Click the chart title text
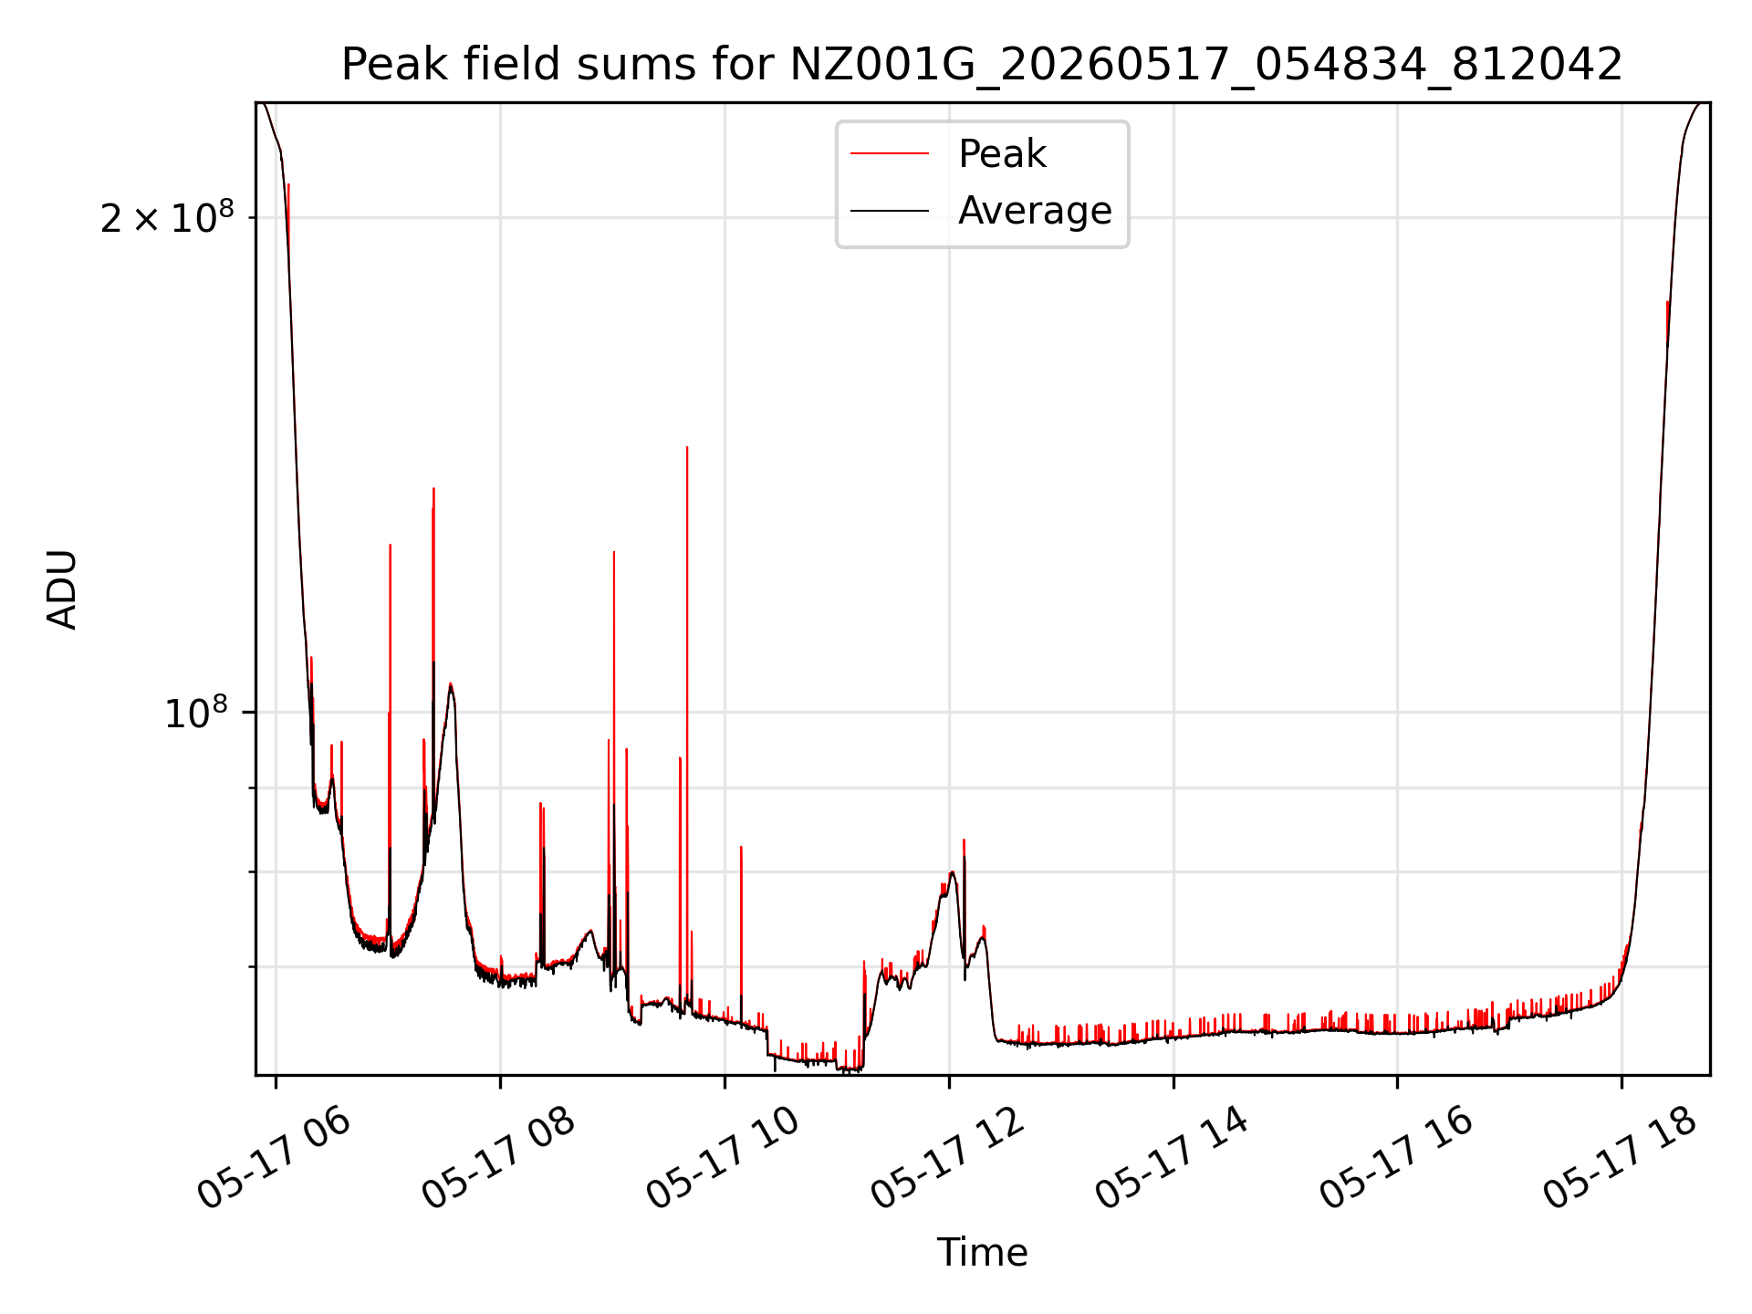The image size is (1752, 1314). click(x=982, y=65)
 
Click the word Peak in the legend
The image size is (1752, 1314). click(x=1002, y=154)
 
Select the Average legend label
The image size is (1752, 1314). click(x=1035, y=211)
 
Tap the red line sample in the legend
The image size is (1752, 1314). click(x=890, y=154)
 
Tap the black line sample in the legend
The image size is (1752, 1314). click(x=890, y=211)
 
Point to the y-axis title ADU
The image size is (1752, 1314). click(x=62, y=589)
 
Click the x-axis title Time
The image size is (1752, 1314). click(x=982, y=1253)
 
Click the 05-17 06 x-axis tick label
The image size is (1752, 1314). click(x=274, y=1159)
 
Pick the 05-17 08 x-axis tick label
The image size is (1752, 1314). click(x=498, y=1159)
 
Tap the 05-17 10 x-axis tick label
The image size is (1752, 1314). click(x=723, y=1159)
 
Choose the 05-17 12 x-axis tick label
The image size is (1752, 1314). click(x=947, y=1159)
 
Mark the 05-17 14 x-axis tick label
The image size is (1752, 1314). click(x=1172, y=1159)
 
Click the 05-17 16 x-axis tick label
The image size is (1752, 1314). click(x=1396, y=1159)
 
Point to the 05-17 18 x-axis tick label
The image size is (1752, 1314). click(x=1620, y=1159)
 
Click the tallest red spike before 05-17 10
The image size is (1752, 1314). click(x=687, y=447)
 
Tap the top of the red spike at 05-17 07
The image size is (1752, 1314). click(x=390, y=545)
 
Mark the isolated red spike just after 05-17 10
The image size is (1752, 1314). click(x=741, y=847)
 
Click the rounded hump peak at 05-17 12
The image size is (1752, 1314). click(x=952, y=872)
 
